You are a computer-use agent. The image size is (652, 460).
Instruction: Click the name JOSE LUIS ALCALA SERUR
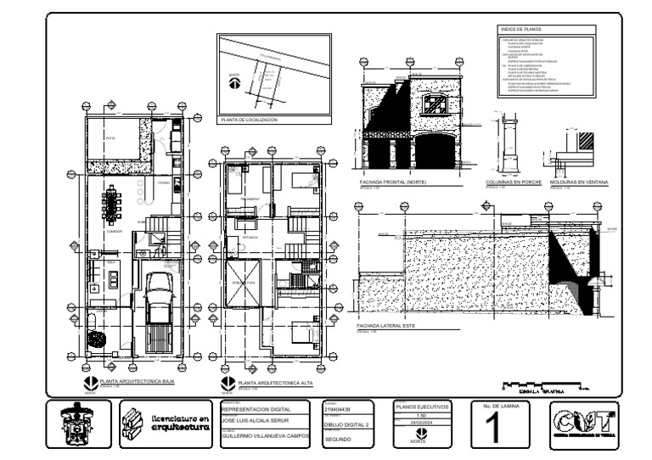click(260, 419)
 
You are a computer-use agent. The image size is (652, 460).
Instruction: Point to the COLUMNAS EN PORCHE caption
click(513, 182)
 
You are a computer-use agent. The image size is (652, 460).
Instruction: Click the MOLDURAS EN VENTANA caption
click(579, 182)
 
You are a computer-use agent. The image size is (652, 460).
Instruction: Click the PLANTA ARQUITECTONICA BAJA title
click(137, 382)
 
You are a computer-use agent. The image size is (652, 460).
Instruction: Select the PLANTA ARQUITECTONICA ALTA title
click(276, 383)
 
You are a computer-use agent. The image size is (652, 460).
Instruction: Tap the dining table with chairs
click(111, 204)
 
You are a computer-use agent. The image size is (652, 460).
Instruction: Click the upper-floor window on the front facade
click(436, 105)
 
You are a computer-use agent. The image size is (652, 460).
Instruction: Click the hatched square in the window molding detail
click(585, 139)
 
